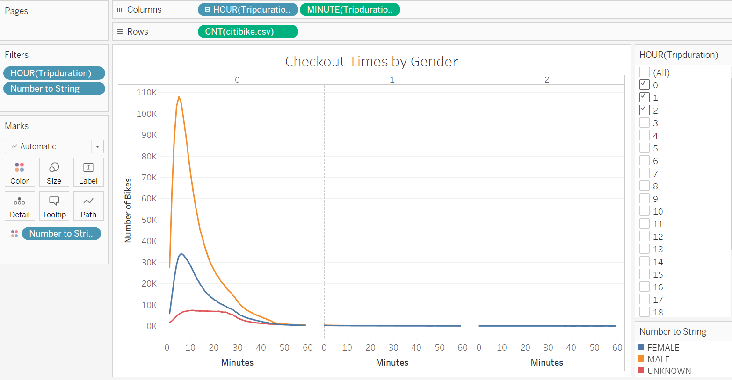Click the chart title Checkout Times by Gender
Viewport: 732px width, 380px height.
[x=371, y=62]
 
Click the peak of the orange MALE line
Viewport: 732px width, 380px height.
[x=179, y=97]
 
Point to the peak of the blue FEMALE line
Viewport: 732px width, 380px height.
[x=181, y=254]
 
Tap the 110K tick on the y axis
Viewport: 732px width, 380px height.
[x=147, y=93]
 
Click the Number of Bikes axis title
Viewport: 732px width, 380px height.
[x=128, y=210]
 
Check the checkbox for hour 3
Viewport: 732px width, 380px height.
[x=645, y=123]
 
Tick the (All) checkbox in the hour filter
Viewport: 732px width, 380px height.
[x=645, y=72]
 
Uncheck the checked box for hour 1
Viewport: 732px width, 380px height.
[x=645, y=98]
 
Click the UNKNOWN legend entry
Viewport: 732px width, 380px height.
[x=669, y=371]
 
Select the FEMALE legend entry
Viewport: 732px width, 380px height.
[x=663, y=347]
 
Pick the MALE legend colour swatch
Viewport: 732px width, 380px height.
[x=641, y=359]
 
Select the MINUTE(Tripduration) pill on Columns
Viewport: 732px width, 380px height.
[x=349, y=10]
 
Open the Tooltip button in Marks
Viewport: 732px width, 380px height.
[x=54, y=206]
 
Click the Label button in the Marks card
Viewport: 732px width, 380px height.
[x=88, y=172]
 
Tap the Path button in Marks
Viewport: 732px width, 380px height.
[x=88, y=206]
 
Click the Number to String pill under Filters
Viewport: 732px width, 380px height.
[x=54, y=89]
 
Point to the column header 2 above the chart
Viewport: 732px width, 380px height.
[x=547, y=80]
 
